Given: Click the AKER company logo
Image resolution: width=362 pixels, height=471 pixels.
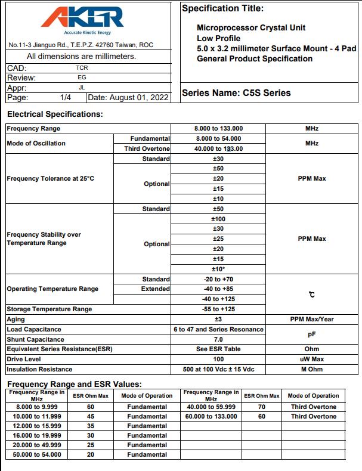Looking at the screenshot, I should pyautogui.click(x=83, y=19).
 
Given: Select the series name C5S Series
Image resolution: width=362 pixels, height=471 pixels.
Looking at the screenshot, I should pyautogui.click(x=236, y=93).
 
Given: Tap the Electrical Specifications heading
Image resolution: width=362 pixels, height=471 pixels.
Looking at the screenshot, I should pyautogui.click(x=55, y=114).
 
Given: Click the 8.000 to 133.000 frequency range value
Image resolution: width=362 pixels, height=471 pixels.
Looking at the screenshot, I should pyautogui.click(x=218, y=129).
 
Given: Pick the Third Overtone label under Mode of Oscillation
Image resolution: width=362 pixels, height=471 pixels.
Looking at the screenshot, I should pyautogui.click(x=147, y=149).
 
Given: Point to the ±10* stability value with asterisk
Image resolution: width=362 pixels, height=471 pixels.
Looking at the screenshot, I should pyautogui.click(x=218, y=269).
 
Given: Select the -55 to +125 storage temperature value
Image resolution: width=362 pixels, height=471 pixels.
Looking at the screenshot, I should pyautogui.click(x=218, y=309).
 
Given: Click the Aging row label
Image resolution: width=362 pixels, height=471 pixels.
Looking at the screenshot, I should pyautogui.click(x=16, y=320).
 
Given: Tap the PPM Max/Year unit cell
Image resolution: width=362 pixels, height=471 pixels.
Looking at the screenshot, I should pyautogui.click(x=312, y=320).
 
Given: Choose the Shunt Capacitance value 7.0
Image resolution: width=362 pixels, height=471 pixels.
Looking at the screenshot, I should pyautogui.click(x=218, y=339).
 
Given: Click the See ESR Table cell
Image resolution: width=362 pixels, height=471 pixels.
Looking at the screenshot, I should pyautogui.click(x=218, y=349).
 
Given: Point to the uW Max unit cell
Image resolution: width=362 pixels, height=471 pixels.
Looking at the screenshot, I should pyautogui.click(x=312, y=360).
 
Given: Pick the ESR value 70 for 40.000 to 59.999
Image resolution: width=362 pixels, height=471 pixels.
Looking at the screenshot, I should pyautogui.click(x=261, y=407).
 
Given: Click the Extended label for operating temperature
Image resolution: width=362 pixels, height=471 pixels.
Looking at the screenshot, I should pyautogui.click(x=155, y=289).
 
